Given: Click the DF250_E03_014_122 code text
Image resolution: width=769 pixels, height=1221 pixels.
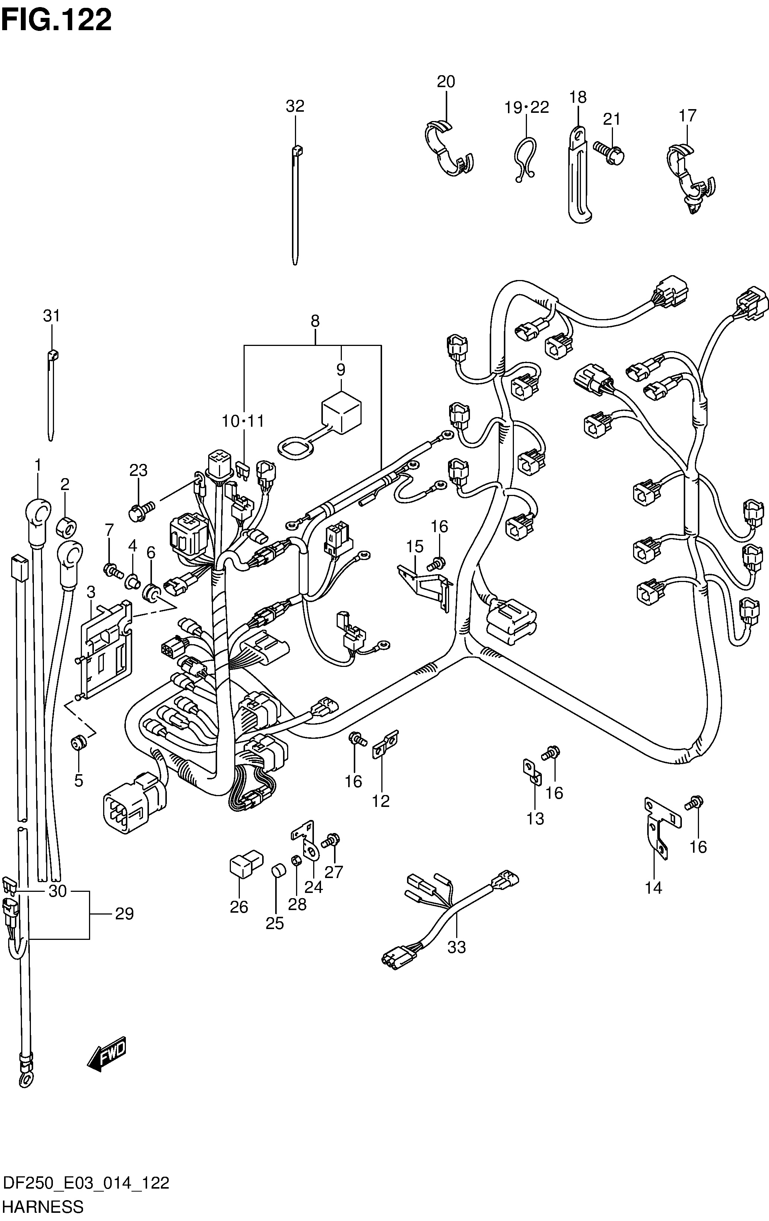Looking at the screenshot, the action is tap(86, 1183).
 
